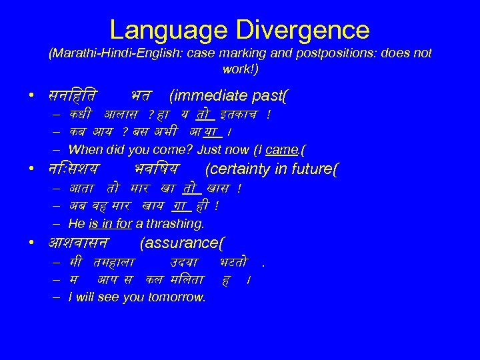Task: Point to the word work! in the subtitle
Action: tap(239, 69)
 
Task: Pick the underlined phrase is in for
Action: tap(109, 223)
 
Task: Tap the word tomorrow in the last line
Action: tap(179, 297)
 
